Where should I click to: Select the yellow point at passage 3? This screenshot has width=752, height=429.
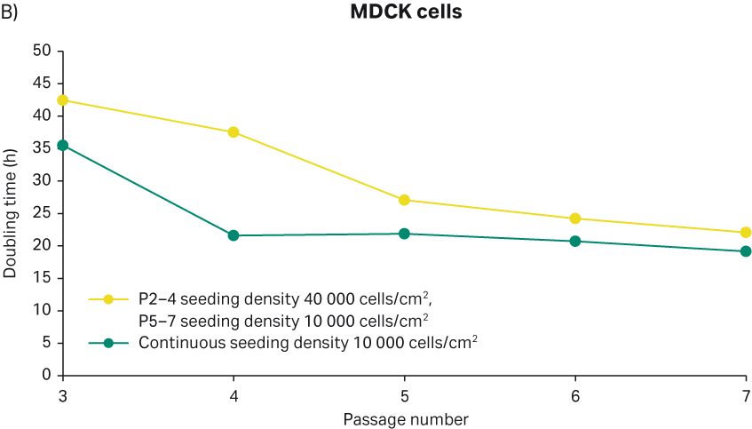coord(63,99)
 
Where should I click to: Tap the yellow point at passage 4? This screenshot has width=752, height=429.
coord(234,132)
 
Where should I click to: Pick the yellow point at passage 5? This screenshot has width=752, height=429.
coord(404,200)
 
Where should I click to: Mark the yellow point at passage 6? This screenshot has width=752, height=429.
coord(574,218)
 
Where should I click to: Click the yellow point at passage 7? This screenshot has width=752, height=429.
coord(745,233)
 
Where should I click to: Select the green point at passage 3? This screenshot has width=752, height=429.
coord(63,145)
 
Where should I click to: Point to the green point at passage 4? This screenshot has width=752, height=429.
coord(234,235)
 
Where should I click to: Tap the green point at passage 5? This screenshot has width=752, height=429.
coord(404,234)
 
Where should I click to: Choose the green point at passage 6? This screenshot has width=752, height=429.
coord(574,241)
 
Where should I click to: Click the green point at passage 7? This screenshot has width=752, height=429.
coord(745,251)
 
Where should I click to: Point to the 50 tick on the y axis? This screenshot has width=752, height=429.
coord(42,51)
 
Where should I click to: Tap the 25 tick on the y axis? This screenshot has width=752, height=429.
coord(42,213)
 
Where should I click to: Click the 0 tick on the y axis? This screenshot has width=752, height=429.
coord(46,376)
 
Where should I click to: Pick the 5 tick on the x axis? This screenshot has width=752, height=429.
coord(404,393)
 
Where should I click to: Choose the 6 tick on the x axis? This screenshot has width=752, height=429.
coord(574,393)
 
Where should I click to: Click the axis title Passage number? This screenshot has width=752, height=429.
coord(404,417)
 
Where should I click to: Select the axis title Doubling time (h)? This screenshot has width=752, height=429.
coord(11,213)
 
